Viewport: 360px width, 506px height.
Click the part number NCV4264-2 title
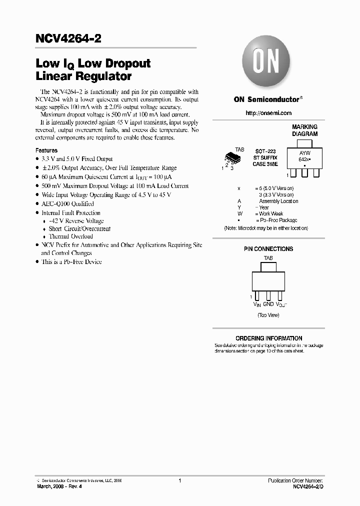[x=68, y=39]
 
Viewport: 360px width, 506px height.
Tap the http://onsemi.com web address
[x=268, y=113]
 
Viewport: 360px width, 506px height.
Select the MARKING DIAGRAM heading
[x=304, y=130]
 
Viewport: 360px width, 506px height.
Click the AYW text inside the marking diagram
[x=304, y=152]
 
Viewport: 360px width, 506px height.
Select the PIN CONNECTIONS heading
[x=268, y=249]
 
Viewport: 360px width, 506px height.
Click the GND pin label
[x=268, y=304]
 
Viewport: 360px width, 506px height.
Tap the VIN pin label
[x=257, y=304]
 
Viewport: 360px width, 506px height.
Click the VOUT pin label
[x=280, y=304]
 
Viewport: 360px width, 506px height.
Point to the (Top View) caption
[x=268, y=315]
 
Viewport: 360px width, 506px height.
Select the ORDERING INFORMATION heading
[x=268, y=338]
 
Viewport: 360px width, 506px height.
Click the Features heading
[x=46, y=150]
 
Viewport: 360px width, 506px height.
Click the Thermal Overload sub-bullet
[x=70, y=236]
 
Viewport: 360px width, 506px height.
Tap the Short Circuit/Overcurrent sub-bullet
[x=79, y=228]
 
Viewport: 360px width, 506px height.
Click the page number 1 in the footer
[x=179, y=480]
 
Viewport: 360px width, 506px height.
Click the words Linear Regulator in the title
[x=83, y=76]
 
